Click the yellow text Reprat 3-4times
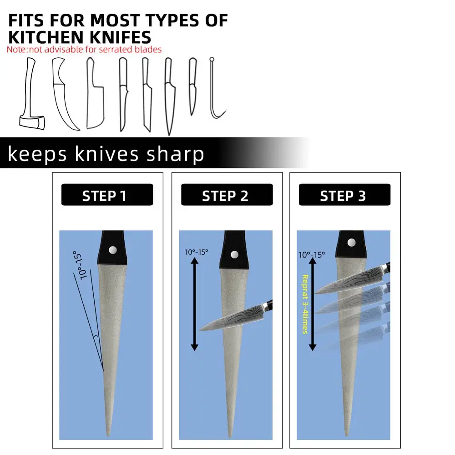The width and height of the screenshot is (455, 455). (305, 304)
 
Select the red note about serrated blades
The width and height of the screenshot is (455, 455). (84, 50)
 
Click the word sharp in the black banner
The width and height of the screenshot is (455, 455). (175, 154)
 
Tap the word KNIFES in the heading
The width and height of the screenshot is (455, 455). (120, 37)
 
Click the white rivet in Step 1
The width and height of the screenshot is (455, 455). (113, 249)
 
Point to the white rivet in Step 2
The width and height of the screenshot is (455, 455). (234, 255)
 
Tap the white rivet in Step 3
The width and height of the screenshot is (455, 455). (351, 243)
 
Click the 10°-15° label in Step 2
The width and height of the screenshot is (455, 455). (196, 252)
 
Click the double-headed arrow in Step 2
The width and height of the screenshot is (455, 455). (194, 304)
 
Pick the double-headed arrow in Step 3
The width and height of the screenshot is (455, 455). (312, 304)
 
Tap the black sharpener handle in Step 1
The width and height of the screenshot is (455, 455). (112, 248)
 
